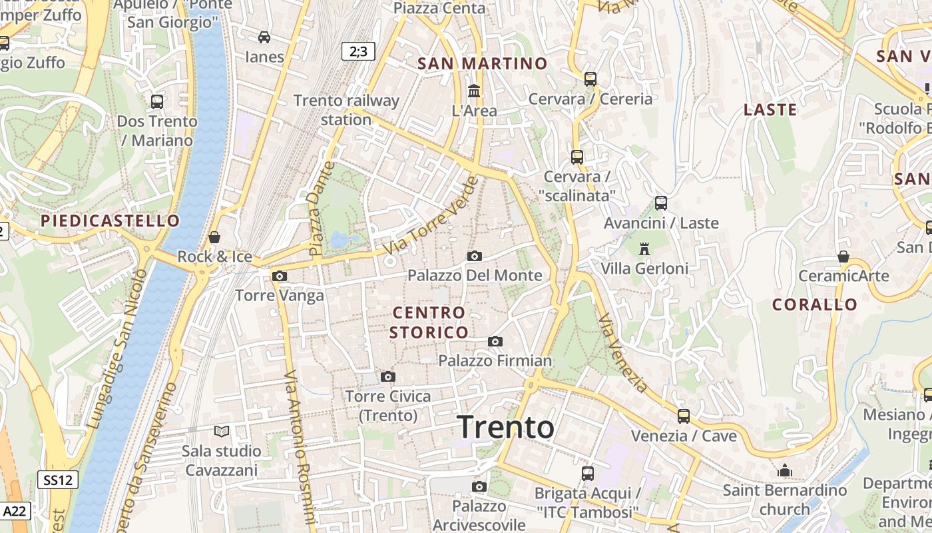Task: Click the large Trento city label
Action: click(506, 427)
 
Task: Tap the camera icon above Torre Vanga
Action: click(280, 276)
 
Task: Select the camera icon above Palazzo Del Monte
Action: click(475, 256)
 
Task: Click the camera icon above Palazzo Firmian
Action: click(495, 342)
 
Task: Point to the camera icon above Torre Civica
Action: click(388, 377)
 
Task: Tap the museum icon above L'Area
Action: click(474, 91)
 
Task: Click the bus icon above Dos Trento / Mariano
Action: click(157, 102)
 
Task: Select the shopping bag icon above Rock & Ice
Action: click(214, 237)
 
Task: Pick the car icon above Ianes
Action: click(264, 37)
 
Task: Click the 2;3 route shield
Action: click(358, 51)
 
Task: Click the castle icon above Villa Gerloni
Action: click(644, 249)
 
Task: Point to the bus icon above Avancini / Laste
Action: click(661, 203)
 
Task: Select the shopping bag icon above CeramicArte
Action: click(843, 257)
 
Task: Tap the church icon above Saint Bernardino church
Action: click(785, 471)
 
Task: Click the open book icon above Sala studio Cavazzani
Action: click(222, 432)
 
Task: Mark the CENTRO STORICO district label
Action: click(429, 322)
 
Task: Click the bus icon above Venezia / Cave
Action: click(684, 416)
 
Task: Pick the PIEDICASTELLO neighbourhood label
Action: click(111, 221)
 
